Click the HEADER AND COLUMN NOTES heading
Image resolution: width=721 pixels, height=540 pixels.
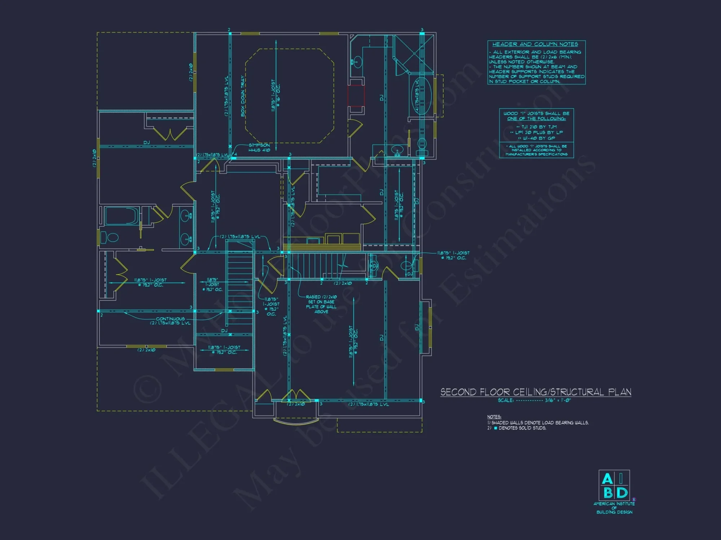pyautogui.click(x=535, y=44)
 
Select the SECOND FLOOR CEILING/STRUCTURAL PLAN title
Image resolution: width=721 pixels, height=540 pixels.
pyautogui.click(x=536, y=392)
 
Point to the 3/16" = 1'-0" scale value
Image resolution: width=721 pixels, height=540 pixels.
pyautogui.click(x=558, y=400)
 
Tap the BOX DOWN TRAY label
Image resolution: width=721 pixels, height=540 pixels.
pyautogui.click(x=243, y=96)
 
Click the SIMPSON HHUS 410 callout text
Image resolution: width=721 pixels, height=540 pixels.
pyautogui.click(x=259, y=148)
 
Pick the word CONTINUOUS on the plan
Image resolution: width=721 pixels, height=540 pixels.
pyautogui.click(x=170, y=319)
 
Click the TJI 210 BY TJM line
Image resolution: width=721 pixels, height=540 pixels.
pyautogui.click(x=536, y=127)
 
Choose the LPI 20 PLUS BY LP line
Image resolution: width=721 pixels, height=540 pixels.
pyautogui.click(x=536, y=132)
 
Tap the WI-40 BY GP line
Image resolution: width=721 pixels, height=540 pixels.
pyautogui.click(x=536, y=138)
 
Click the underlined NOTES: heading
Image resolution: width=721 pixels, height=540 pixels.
pyautogui.click(x=494, y=417)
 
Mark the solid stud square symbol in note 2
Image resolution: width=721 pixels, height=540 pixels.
pyautogui.click(x=496, y=428)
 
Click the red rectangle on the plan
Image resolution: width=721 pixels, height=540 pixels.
pyautogui.click(x=356, y=96)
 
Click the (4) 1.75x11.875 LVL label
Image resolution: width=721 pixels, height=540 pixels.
pyautogui.click(x=417, y=96)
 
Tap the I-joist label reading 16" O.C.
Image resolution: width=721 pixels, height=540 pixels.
pyautogui.click(x=275, y=96)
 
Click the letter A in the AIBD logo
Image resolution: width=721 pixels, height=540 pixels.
pyautogui.click(x=607, y=479)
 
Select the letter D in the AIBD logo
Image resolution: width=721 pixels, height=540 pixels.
pyautogui.click(x=622, y=492)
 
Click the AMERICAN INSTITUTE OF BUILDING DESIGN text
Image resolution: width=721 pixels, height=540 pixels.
pyautogui.click(x=614, y=508)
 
